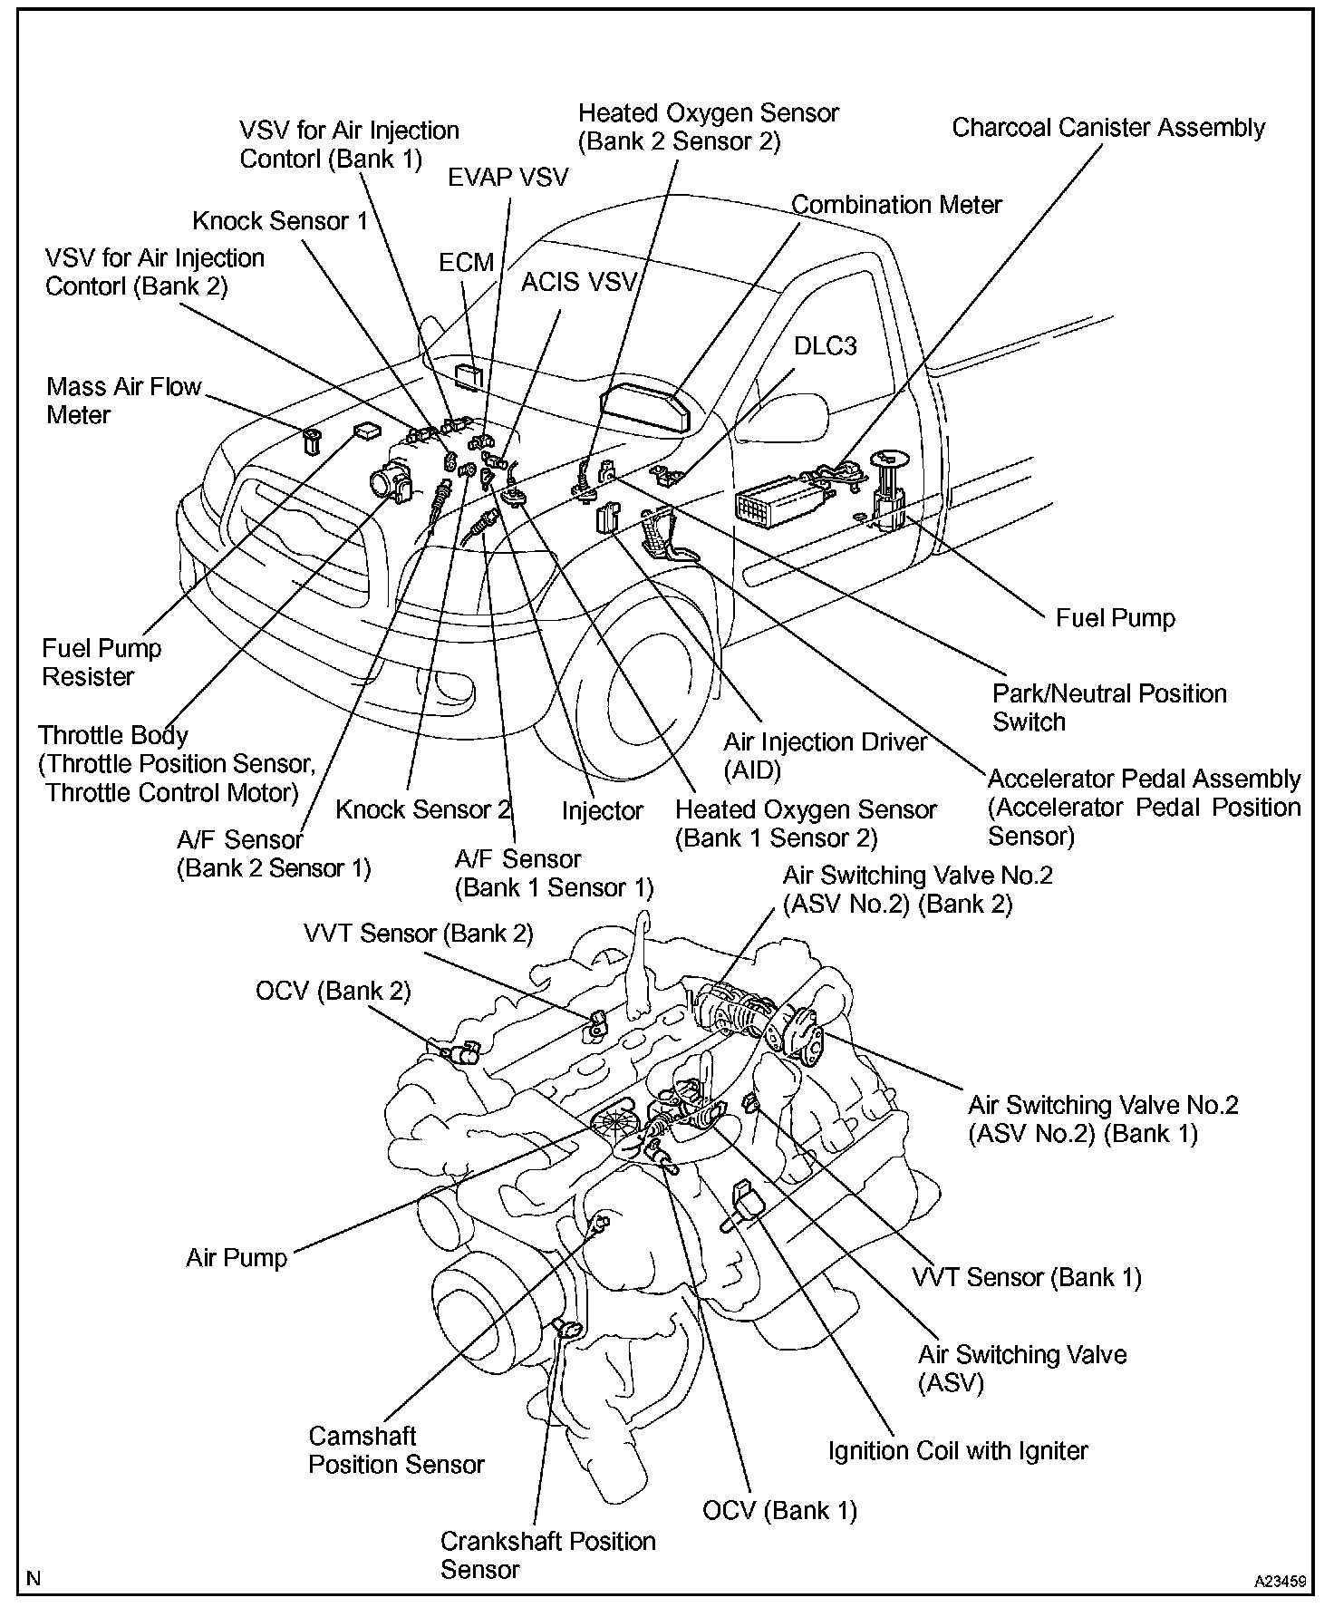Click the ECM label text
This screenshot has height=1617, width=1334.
coord(467,263)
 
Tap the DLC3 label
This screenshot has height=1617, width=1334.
coord(825,346)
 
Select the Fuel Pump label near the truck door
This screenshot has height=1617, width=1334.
coord(1115,618)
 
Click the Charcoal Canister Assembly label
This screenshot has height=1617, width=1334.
coord(1107,128)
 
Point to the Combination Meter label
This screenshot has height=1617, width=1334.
coord(896,205)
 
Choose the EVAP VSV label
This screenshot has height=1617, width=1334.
coord(507,177)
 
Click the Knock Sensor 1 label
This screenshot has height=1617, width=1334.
coord(280,221)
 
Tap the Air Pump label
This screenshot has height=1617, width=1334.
coord(237,1258)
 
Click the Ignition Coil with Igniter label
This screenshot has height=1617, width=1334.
coord(957,1451)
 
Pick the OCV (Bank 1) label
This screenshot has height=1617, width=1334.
coord(779,1510)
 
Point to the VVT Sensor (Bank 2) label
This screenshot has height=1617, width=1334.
coord(419,934)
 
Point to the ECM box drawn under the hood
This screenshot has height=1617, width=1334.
coord(468,376)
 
